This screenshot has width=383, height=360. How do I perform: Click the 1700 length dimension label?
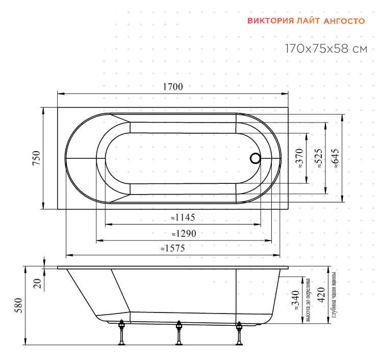click(173, 87)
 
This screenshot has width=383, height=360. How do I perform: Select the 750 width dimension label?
click(36, 158)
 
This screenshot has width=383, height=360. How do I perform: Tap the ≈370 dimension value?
click(299, 158)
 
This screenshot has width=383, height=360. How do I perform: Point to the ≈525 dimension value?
click(319, 158)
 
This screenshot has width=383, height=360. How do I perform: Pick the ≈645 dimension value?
click(336, 158)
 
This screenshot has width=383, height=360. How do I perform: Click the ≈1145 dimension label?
click(183, 218)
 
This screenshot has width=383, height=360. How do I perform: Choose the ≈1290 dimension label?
click(184, 234)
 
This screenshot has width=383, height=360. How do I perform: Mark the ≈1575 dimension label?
click(173, 249)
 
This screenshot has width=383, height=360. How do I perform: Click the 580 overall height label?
click(19, 305)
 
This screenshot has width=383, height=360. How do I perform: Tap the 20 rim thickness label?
click(38, 284)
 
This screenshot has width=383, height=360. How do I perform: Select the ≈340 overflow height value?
click(296, 300)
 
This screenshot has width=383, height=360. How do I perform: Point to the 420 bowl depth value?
click(321, 295)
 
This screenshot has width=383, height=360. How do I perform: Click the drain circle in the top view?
click(256, 158)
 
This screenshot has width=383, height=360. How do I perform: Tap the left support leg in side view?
click(121, 332)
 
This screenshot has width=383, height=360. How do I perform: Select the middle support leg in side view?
click(179, 333)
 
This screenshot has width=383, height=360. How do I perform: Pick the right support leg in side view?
click(239, 333)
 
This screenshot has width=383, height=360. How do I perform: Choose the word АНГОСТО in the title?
click(344, 21)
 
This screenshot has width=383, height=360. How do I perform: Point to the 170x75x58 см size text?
click(326, 49)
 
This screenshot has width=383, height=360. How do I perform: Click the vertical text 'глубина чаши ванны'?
click(334, 295)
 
